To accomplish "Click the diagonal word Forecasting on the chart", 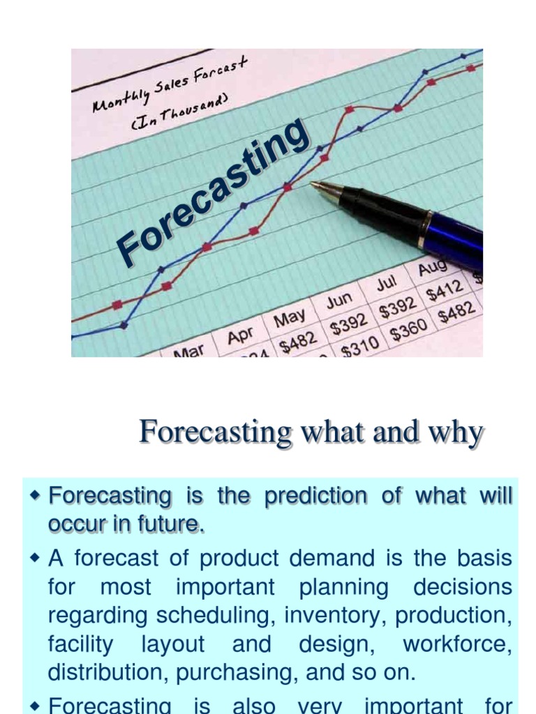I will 213,192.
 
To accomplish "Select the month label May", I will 290,319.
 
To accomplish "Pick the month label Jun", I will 339,301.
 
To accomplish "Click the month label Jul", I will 387,284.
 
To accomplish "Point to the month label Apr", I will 241,335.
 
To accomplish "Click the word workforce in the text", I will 457,644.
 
